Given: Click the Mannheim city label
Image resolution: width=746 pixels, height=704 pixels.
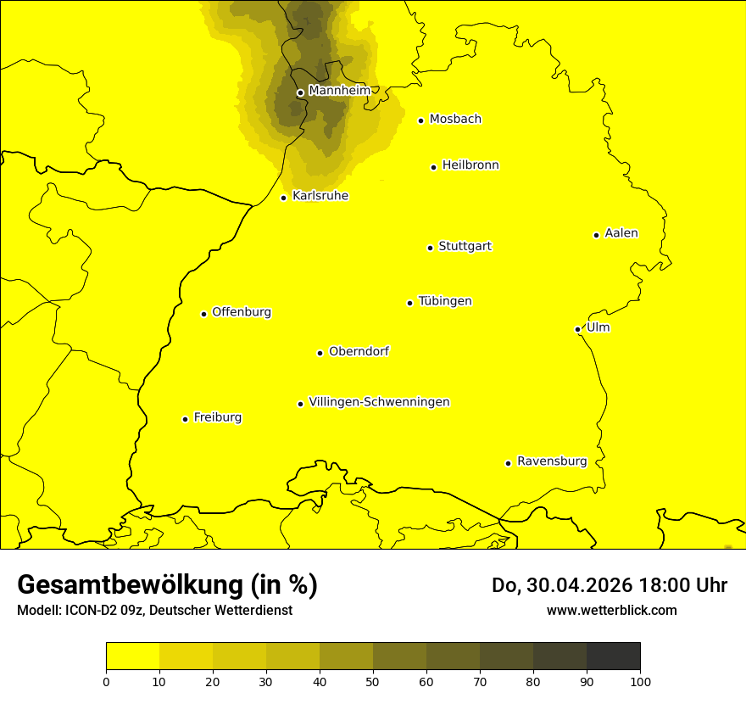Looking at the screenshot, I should [339, 90].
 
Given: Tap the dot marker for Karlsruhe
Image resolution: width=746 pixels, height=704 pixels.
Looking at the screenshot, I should [283, 198].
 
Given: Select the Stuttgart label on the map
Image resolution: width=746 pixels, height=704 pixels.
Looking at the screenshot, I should [465, 246].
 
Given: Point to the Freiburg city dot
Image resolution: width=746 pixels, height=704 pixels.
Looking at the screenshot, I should [185, 419].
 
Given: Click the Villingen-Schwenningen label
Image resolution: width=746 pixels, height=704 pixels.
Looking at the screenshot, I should [379, 402].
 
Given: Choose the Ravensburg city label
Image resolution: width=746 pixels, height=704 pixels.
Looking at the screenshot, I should [552, 461].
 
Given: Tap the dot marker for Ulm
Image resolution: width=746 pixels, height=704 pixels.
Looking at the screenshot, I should [577, 329].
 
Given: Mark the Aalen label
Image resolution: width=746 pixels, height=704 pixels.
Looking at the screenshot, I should [621, 233].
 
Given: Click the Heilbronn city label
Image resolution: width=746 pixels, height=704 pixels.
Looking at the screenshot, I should [470, 165].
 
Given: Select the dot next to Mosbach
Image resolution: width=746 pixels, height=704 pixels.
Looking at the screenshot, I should [420, 120].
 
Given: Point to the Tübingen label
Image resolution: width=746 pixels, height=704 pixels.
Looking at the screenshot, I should [445, 301].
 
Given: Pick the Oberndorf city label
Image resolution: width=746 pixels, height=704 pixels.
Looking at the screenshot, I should [359, 351].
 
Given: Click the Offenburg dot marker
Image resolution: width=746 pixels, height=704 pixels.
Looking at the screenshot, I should [203, 314].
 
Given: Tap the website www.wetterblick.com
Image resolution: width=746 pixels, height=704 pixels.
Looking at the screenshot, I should [611, 610].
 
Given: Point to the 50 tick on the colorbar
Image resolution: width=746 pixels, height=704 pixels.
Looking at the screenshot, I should [373, 680].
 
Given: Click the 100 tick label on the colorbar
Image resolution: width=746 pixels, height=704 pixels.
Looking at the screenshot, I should [640, 680].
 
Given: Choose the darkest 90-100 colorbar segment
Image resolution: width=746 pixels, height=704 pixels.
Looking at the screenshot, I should [613, 656].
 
